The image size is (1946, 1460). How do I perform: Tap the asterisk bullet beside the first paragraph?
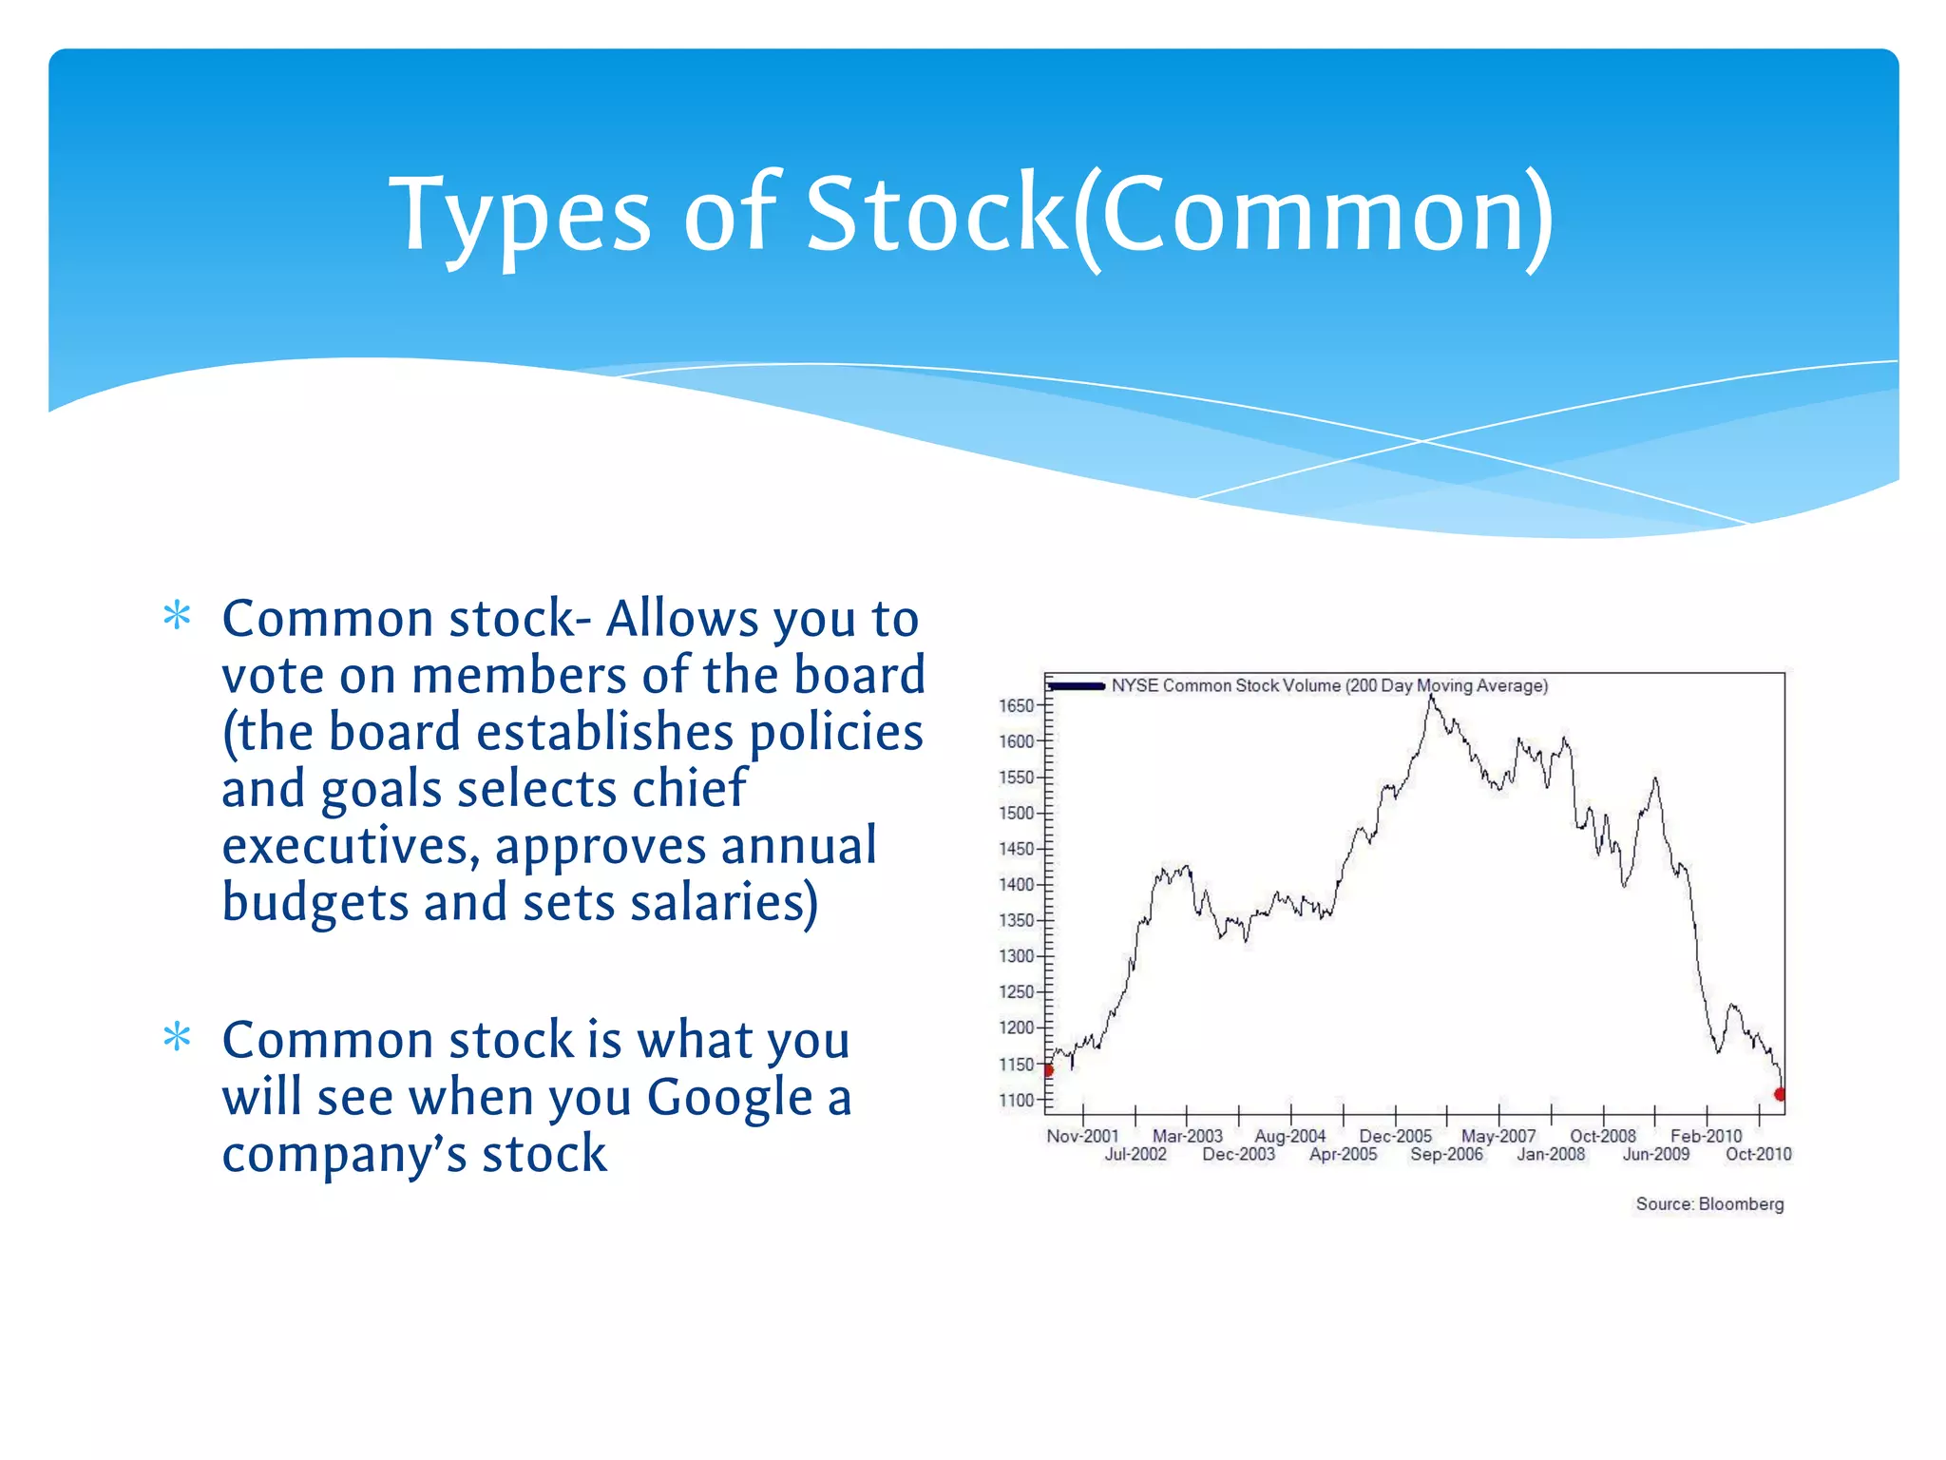tap(177, 616)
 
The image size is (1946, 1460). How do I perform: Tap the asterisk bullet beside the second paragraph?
tap(177, 1037)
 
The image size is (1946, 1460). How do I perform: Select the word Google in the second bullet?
tap(730, 1098)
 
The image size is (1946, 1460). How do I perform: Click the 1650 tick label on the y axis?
tap(1015, 705)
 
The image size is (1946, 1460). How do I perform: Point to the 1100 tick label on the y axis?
tap(1015, 1100)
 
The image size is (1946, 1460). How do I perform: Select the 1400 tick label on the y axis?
tap(1015, 885)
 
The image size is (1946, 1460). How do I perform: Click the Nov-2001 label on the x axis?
tap(1082, 1136)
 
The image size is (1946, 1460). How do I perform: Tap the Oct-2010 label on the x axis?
tap(1758, 1154)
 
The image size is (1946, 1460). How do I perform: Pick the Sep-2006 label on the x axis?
tap(1446, 1154)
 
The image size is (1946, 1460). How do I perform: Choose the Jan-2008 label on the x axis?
tap(1551, 1154)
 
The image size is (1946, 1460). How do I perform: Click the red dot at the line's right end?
tap(1780, 1094)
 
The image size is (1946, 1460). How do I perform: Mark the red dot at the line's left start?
tap(1049, 1070)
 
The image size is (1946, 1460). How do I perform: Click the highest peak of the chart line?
tap(1431, 698)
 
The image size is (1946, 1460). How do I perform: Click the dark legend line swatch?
tap(1077, 685)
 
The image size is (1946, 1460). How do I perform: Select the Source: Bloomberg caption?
tap(1708, 1204)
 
